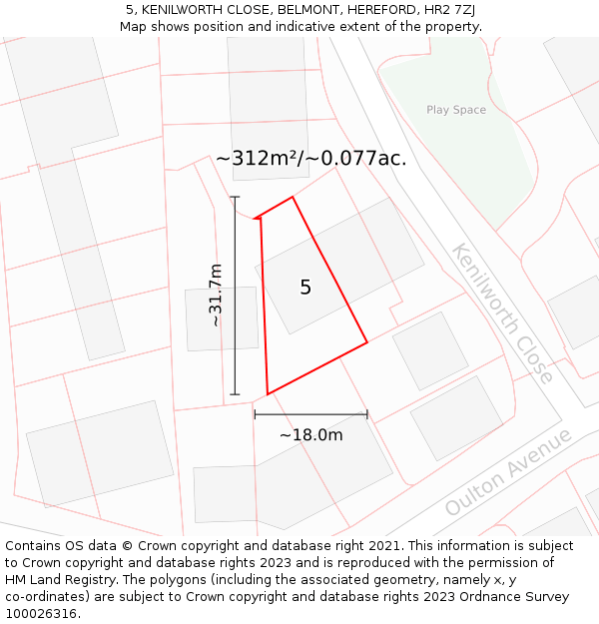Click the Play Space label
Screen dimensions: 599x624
point(456,110)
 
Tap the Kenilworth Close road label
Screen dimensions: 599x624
point(501,312)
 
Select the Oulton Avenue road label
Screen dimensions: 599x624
point(508,472)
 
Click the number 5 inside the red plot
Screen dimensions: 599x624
point(305,288)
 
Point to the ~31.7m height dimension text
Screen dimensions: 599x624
point(216,296)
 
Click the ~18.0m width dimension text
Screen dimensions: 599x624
point(310,434)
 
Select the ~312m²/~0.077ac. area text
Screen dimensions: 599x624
point(311,158)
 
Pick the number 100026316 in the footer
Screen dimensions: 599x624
point(40,614)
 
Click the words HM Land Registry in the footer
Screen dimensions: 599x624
point(54,580)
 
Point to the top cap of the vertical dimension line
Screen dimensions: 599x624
point(236,197)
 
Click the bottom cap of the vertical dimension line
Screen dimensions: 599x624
point(236,394)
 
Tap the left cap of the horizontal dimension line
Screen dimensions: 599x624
point(255,414)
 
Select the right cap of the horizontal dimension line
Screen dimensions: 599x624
point(367,414)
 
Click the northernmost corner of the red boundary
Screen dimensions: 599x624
point(293,197)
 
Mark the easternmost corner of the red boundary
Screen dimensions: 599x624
point(367,342)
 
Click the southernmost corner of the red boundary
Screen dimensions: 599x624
point(268,394)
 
